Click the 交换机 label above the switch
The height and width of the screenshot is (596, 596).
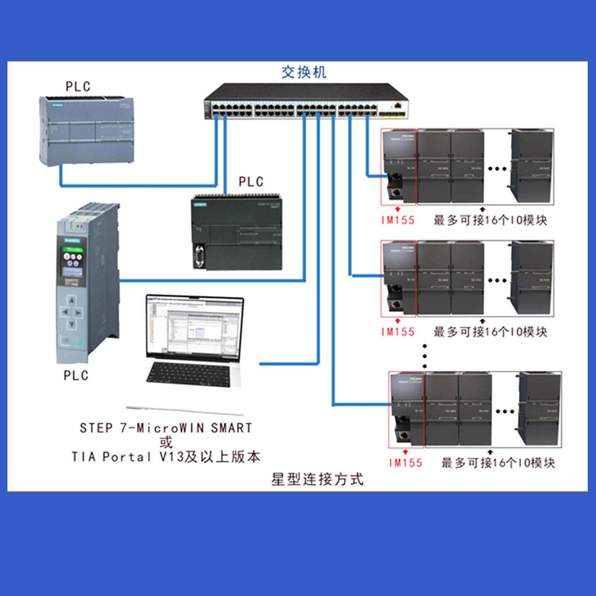click(304, 72)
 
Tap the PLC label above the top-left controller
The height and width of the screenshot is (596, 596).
click(78, 87)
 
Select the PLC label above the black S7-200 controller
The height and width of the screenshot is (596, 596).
click(251, 182)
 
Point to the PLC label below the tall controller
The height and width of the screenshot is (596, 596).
click(76, 375)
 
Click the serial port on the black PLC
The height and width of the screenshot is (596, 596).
click(199, 257)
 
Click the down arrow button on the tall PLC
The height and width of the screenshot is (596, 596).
click(72, 324)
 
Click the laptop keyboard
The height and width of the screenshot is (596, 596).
click(188, 374)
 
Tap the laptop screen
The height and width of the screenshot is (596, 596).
click(193, 327)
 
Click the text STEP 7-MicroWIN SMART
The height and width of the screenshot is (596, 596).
click(166, 428)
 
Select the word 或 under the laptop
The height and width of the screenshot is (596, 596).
click(166, 442)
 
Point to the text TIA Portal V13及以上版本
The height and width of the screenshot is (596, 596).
click(166, 457)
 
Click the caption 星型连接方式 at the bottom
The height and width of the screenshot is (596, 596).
click(317, 479)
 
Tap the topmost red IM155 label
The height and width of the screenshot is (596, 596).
click(398, 220)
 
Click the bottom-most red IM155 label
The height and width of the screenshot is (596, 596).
click(406, 463)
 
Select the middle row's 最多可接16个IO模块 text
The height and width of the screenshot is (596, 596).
click(490, 332)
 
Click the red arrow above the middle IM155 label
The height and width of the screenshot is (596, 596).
click(398, 320)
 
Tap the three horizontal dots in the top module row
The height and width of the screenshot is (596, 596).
click(497, 168)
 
